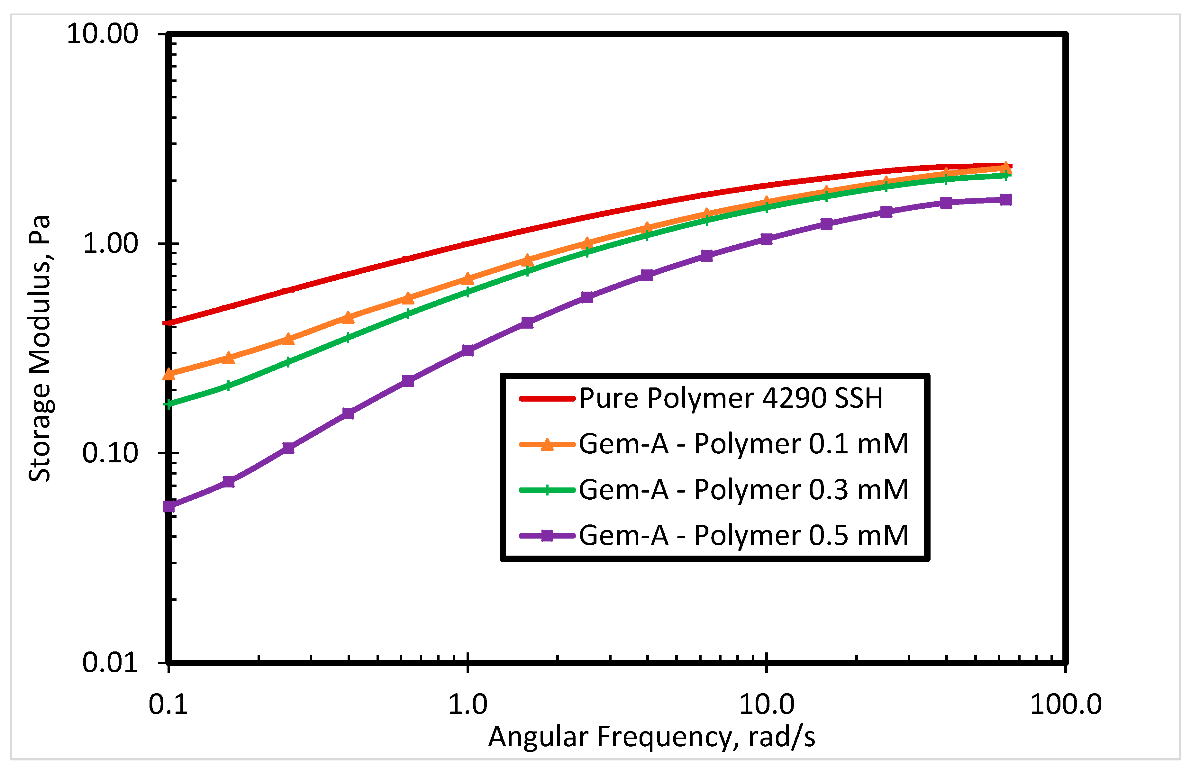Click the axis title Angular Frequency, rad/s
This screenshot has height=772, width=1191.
pyautogui.click(x=651, y=737)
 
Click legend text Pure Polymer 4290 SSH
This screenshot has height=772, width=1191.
pyautogui.click(x=731, y=398)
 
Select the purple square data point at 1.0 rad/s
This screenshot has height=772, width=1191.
pyautogui.click(x=468, y=350)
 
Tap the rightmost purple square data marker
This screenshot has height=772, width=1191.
pyautogui.click(x=1006, y=200)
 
